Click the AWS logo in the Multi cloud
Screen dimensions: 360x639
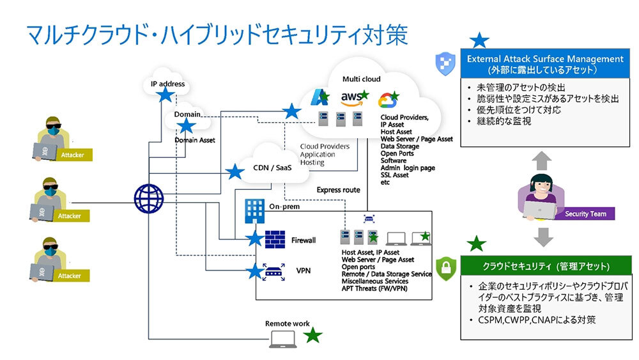tap(352, 98)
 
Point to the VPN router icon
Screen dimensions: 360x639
tap(274, 270)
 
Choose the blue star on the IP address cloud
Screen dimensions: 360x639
tap(166, 95)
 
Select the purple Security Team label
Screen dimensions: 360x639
tap(585, 214)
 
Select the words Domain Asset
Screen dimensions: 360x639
tap(195, 140)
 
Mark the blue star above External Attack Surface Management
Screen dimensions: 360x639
tap(479, 40)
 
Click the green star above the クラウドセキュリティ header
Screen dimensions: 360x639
tap(476, 244)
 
